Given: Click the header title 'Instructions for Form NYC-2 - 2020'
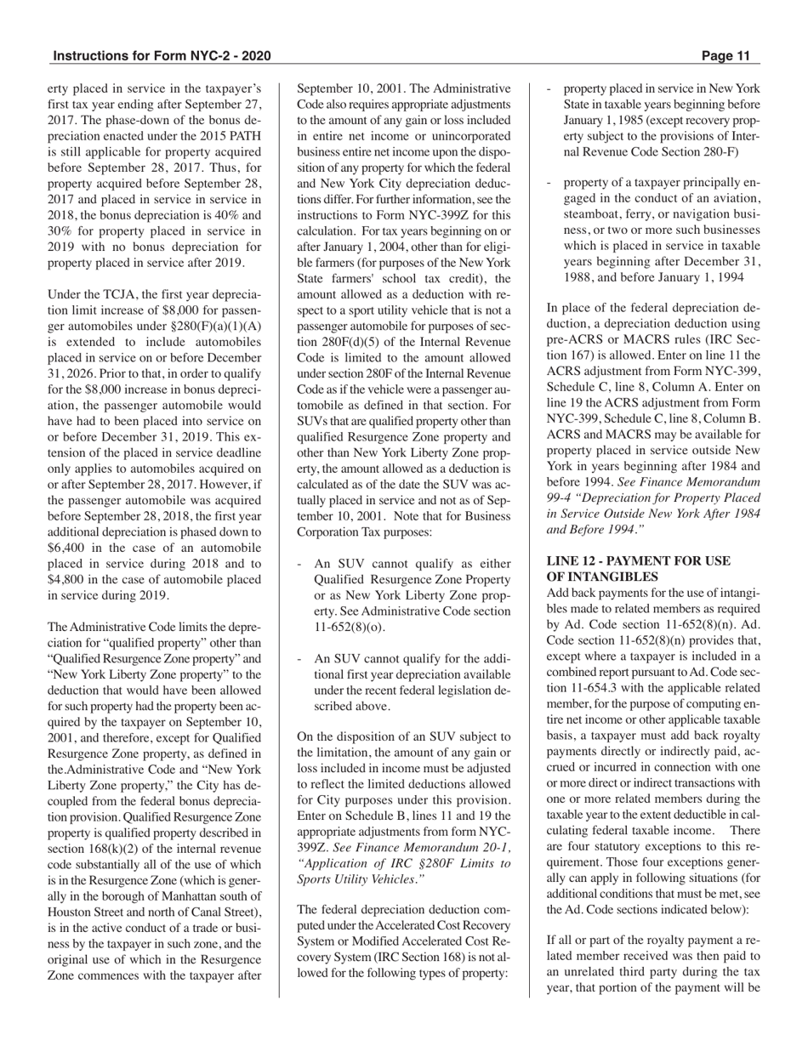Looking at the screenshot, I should point(162,56).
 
